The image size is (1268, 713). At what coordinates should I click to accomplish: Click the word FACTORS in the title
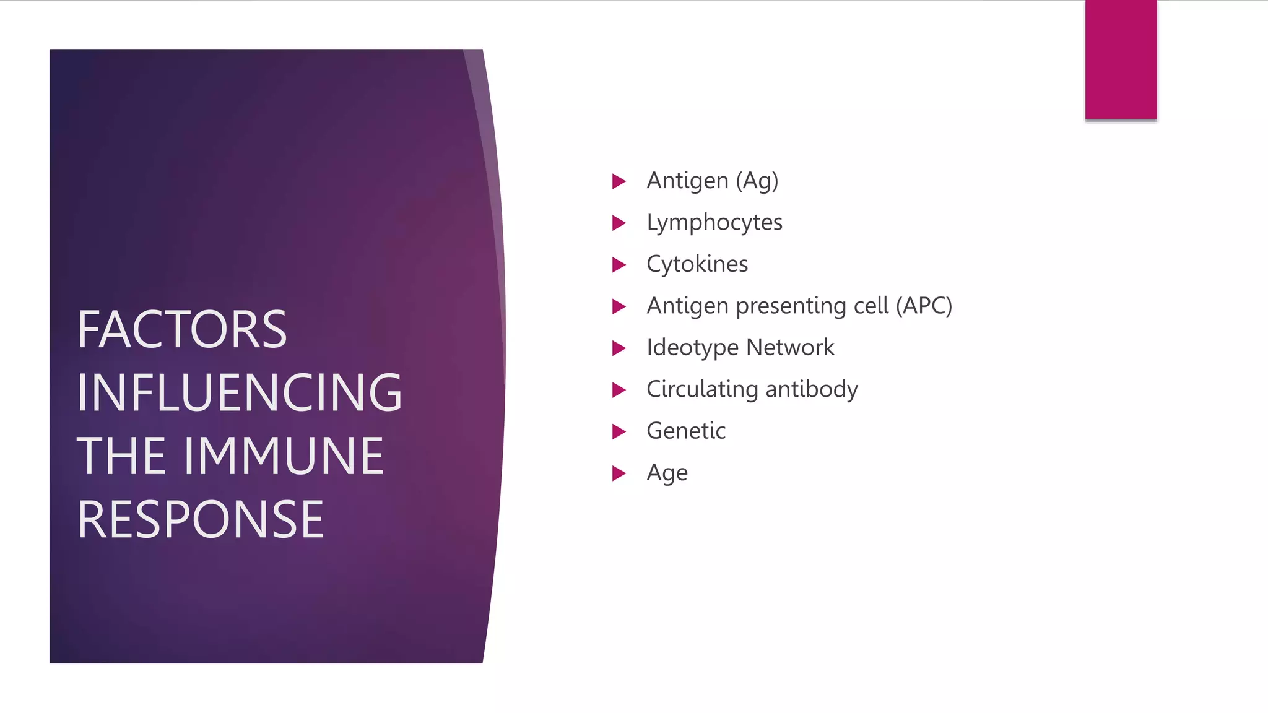182,330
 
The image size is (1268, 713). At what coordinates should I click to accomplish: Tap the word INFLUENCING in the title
240,393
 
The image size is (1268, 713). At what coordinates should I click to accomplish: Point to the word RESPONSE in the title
201,520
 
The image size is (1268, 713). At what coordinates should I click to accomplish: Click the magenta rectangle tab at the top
1121,59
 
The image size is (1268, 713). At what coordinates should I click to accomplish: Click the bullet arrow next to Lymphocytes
619,223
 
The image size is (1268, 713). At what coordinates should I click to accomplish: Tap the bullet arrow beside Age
619,473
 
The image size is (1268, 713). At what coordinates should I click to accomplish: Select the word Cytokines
697,264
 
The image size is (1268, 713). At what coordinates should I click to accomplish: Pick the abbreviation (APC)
924,306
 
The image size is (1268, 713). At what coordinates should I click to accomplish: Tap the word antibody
812,389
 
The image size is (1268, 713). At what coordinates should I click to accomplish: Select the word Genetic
686,431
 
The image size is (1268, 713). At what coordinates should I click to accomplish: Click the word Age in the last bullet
667,473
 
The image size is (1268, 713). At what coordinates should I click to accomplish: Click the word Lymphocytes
714,223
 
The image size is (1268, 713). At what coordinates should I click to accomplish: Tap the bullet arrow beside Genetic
619,431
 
